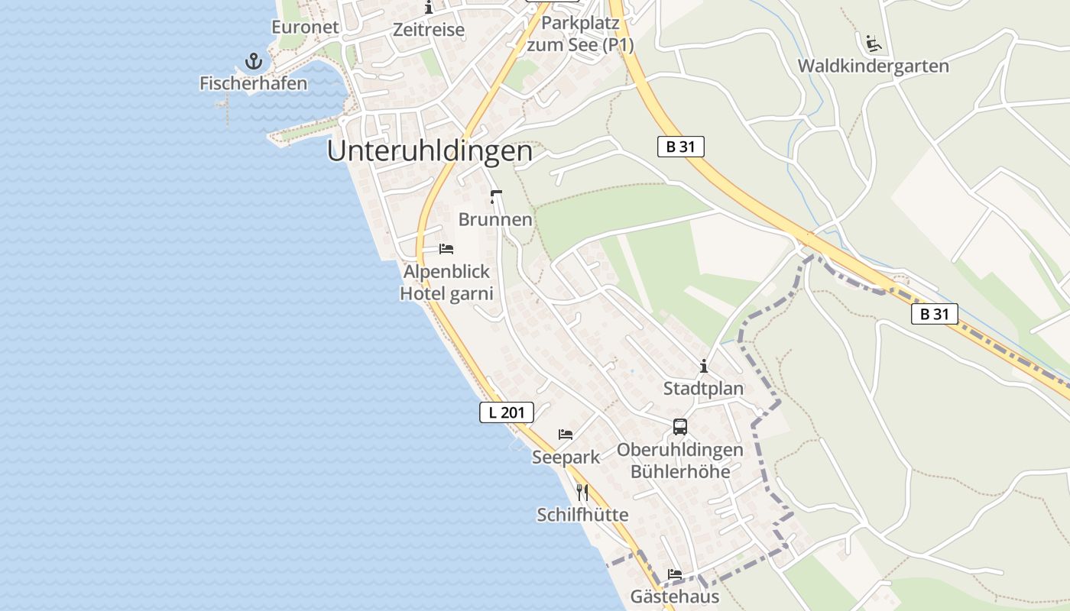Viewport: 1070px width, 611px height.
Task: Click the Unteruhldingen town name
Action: pyautogui.click(x=430, y=151)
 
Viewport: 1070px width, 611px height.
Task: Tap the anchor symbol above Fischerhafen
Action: pyautogui.click(x=253, y=61)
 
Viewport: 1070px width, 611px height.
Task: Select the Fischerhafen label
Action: pyautogui.click(x=253, y=83)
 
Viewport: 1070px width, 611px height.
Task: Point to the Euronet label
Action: pyautogui.click(x=305, y=27)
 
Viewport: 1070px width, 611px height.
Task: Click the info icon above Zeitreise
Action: pyautogui.click(x=429, y=8)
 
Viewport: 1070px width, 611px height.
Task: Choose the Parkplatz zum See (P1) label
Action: pyautogui.click(x=580, y=34)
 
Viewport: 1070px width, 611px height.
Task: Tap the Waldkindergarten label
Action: pyautogui.click(x=873, y=66)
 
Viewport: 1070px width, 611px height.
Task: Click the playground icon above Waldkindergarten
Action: pyautogui.click(x=873, y=43)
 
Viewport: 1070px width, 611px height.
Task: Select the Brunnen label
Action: pyautogui.click(x=495, y=219)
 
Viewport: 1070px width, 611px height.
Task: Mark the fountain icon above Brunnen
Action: pyautogui.click(x=495, y=197)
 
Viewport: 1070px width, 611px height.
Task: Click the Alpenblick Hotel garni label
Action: pyautogui.click(x=447, y=283)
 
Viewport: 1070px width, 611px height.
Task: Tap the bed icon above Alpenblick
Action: pyautogui.click(x=446, y=249)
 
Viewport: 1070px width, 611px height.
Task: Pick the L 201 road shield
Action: pyautogui.click(x=506, y=412)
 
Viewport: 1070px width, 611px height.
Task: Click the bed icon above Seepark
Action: pyautogui.click(x=566, y=435)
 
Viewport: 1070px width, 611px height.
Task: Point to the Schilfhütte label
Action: pyautogui.click(x=582, y=515)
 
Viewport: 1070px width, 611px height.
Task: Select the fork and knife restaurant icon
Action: pyautogui.click(x=582, y=492)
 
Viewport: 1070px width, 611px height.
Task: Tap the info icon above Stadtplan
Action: pyautogui.click(x=703, y=367)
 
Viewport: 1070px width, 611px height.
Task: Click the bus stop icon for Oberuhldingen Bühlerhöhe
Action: pyautogui.click(x=680, y=427)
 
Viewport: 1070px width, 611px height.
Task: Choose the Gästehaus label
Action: pyautogui.click(x=675, y=596)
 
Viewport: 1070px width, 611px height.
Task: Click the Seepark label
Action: pyautogui.click(x=566, y=457)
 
